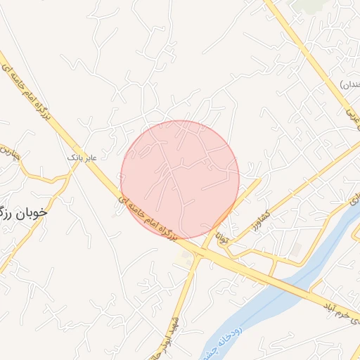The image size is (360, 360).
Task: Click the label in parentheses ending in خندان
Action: [x=349, y=86]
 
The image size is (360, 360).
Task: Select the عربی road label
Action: [x=350, y=117]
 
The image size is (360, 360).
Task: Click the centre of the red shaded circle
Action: [x=180, y=179]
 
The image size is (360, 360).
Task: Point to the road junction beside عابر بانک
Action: [x=72, y=169]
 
